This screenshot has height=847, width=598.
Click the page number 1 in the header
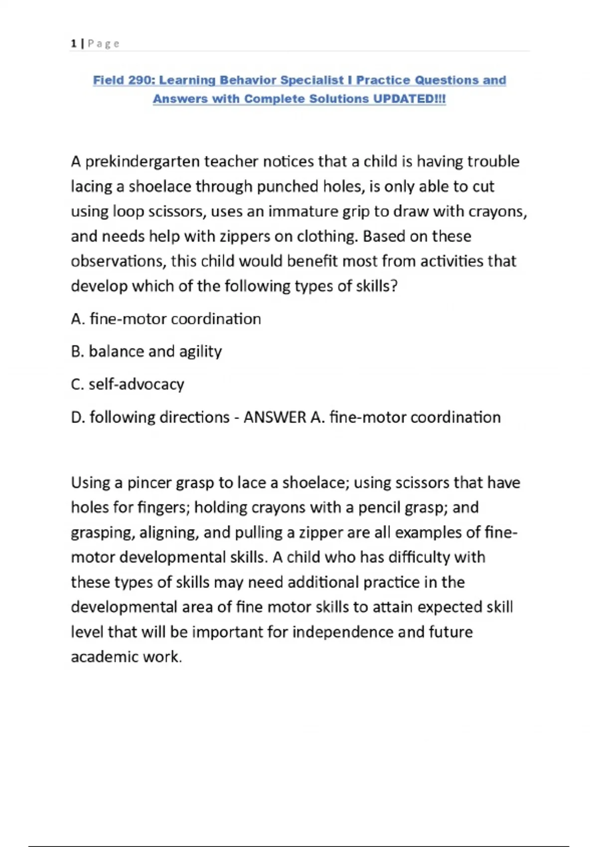(74, 44)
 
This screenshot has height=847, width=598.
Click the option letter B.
(76, 352)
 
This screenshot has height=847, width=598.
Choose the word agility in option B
(200, 352)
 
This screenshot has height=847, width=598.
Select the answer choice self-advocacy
(136, 384)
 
